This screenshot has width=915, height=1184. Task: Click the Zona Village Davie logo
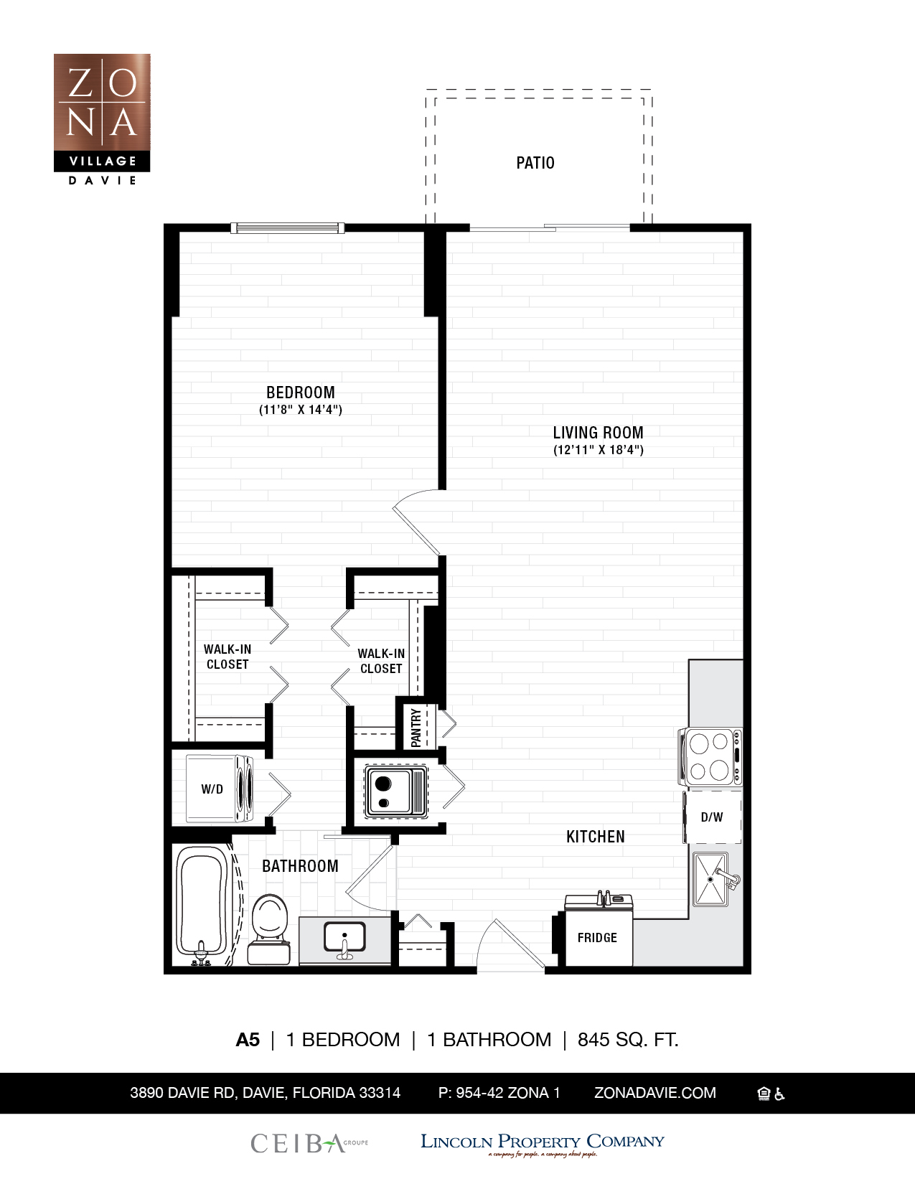pos(102,118)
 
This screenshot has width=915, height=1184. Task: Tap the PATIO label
pos(535,163)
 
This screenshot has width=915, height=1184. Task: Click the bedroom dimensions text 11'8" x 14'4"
pos(300,410)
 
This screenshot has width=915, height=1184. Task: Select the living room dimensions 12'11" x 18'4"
pos(598,450)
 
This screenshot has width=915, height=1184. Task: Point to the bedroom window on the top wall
pos(287,228)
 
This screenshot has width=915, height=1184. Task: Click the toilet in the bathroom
pos(270,930)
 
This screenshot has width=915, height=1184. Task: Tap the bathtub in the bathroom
pos(202,904)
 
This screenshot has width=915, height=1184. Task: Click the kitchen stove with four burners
pos(710,756)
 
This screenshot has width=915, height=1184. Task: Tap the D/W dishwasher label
pos(712,817)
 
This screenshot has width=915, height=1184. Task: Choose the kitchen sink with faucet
pos(712,879)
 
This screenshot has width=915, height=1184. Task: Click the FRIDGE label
pos(597,938)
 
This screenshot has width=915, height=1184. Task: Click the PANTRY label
pos(416,728)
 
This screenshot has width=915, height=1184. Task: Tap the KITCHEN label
pos(595,837)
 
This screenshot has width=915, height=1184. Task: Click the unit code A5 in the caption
pos(248,1040)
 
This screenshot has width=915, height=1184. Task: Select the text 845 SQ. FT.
pos(628,1040)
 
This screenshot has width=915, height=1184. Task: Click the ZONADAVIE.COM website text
pos(654,1093)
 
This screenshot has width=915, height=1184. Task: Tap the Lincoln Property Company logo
pos(542,1142)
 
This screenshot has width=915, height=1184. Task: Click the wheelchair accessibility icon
pos(780,1094)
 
